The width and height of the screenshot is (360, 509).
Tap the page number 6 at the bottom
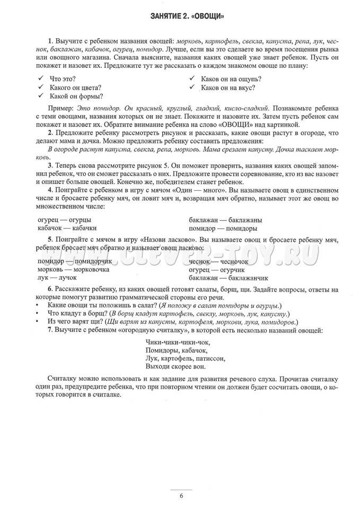181,496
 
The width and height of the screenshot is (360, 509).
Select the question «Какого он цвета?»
75,87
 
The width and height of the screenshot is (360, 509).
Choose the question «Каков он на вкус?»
228,87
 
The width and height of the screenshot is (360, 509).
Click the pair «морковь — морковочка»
73,269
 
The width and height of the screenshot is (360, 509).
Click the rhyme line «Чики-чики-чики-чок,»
174,341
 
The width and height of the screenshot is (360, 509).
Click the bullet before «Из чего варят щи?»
38,321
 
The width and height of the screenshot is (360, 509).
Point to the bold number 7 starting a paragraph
49,330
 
